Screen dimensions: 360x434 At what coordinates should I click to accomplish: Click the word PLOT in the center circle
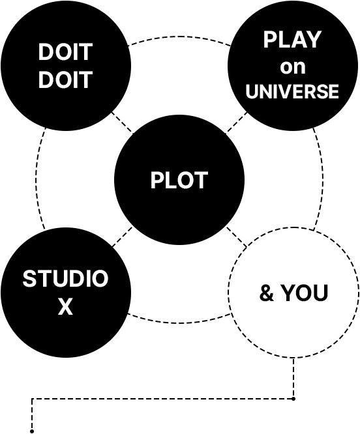pos(179,180)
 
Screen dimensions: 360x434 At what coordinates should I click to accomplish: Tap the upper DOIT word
pos(65,51)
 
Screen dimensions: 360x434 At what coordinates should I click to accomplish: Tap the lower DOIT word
pos(65,80)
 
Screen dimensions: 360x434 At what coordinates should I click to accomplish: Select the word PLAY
pos(292,40)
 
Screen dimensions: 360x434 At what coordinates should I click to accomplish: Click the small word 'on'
pos(293,67)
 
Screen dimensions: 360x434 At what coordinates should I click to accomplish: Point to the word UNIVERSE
pos(292,91)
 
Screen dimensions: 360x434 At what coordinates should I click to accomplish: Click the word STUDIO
pos(65,278)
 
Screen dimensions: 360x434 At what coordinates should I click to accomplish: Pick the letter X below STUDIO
pos(65,306)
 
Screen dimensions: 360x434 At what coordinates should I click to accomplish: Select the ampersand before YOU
pos(267,293)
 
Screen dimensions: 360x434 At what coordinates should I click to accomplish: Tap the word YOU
pos(305,293)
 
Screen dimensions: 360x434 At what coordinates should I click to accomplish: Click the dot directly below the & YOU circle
pos(293,399)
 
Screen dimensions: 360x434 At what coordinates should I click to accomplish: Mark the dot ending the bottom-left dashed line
pos(32,431)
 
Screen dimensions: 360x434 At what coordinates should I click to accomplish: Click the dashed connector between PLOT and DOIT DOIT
pos(122,123)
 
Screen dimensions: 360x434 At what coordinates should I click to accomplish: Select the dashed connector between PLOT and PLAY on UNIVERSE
pos(236,123)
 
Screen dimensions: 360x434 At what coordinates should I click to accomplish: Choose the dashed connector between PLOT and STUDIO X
pos(122,237)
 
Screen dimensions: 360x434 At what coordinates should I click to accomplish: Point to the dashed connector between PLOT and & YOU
pos(236,237)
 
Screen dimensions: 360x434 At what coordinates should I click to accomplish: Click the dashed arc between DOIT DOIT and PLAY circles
pos(179,36)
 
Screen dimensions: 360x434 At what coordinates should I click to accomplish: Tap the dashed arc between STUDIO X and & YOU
pos(179,323)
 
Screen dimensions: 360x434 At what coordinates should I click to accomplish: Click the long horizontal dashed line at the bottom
pos(163,399)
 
